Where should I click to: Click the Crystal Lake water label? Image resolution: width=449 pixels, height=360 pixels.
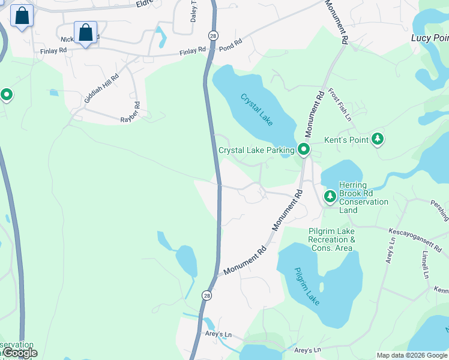(257, 109)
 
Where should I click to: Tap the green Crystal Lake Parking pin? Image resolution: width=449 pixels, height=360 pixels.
(304, 149)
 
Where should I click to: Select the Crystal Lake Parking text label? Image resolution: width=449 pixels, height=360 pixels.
(256, 150)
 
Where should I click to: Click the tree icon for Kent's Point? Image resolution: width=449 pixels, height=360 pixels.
(378, 139)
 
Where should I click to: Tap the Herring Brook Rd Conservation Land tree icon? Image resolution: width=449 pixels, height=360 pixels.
(330, 196)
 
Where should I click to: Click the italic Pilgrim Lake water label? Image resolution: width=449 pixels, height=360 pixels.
(307, 284)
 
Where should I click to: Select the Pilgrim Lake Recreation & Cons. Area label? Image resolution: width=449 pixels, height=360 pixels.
(331, 239)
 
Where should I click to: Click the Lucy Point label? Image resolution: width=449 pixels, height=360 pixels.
(430, 37)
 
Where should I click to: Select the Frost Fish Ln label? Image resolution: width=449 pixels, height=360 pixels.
(339, 105)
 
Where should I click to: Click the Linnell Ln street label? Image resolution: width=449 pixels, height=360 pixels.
(424, 265)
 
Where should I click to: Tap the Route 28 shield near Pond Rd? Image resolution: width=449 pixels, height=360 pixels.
(213, 36)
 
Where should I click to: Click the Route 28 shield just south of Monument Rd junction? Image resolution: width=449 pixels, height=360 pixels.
(206, 295)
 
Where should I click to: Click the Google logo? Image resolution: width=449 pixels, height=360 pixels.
(21, 353)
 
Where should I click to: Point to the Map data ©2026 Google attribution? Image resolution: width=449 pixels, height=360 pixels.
(412, 355)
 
